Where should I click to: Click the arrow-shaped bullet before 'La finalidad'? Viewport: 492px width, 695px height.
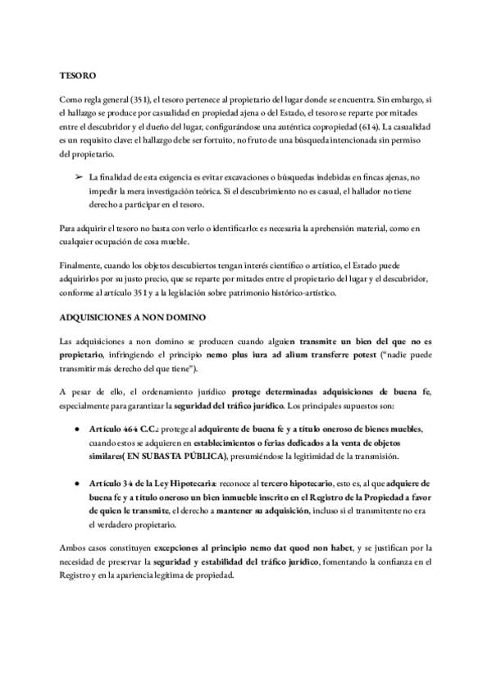click(x=79, y=177)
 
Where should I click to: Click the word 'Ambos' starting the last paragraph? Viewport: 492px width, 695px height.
click(x=74, y=546)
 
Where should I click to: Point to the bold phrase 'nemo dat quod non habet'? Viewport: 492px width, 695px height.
click(x=328, y=546)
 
